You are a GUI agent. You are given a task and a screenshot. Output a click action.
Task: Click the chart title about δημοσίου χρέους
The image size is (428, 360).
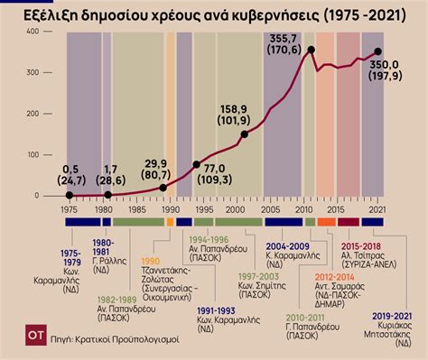click(214, 13)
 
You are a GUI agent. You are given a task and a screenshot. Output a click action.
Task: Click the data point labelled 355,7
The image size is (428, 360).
click(312, 51)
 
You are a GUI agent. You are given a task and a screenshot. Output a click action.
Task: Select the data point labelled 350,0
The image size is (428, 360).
click(377, 52)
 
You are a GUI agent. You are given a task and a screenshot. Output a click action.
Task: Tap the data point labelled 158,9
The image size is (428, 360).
click(244, 134)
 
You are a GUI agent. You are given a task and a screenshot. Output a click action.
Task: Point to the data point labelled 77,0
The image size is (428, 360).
click(197, 164)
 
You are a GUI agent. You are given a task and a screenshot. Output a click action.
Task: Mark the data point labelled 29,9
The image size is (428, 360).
click(163, 188)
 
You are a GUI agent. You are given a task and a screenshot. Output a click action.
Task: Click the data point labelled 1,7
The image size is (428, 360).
click(108, 195)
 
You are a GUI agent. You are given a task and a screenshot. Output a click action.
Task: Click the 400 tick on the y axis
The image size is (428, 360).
click(32, 32)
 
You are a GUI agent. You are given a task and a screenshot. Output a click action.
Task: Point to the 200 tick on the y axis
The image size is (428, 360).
click(32, 114)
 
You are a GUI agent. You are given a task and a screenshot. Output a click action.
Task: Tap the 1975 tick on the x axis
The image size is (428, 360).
click(68, 208)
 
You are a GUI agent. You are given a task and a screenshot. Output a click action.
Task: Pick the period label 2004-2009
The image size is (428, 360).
click(287, 245)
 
